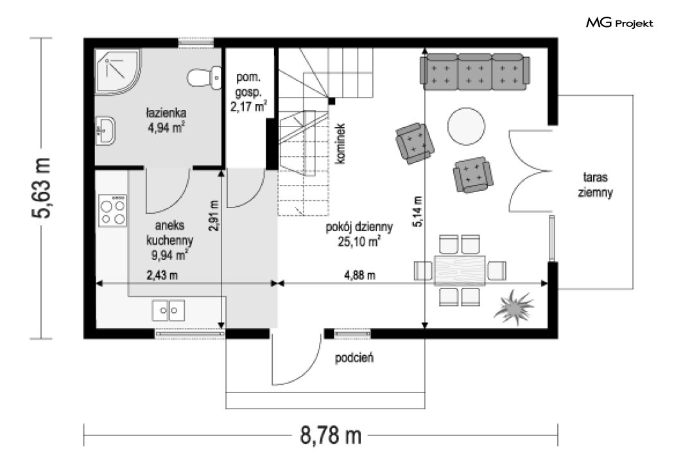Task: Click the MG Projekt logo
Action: [x=619, y=22]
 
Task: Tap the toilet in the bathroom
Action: [x=205, y=78]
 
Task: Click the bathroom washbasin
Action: [x=105, y=131]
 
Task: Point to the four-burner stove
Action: [x=112, y=211]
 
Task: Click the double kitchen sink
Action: [x=168, y=311]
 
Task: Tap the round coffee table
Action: [x=466, y=127]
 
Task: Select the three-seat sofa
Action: [x=474, y=72]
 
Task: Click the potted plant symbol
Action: [x=514, y=307]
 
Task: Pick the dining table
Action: [x=460, y=270]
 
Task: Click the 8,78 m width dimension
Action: [x=331, y=435]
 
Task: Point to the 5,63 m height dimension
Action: [x=42, y=188]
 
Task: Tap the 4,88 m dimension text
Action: [x=359, y=275]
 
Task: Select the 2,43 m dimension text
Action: [x=162, y=275]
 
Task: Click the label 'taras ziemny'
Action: [x=595, y=184]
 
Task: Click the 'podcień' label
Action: [x=354, y=358]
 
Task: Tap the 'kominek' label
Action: [x=340, y=144]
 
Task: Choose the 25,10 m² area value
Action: [x=358, y=241]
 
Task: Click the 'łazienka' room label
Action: [x=166, y=112]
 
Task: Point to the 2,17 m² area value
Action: [x=248, y=106]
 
